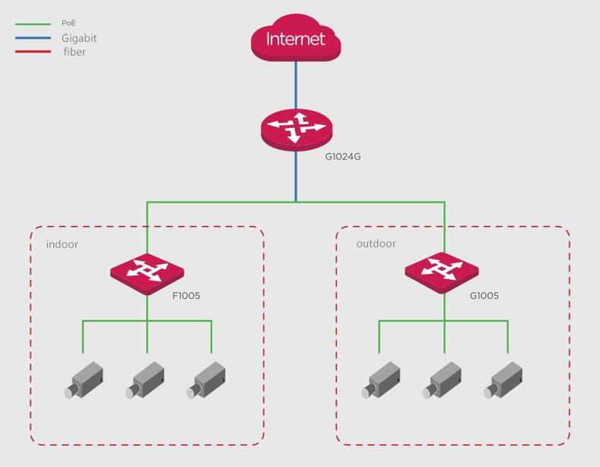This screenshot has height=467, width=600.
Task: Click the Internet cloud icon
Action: pos(296,39)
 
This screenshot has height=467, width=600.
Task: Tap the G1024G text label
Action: pos(342,156)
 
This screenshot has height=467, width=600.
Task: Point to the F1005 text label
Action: pos(186,296)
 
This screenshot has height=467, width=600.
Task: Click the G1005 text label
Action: pos(484,296)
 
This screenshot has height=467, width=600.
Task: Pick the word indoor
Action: pos(62,244)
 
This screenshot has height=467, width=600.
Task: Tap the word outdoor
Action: pos(376,244)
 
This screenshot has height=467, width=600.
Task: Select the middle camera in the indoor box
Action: pos(145,380)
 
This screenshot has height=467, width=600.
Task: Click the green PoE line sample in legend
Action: pos(33,24)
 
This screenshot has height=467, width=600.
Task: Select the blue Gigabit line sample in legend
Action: pos(33,37)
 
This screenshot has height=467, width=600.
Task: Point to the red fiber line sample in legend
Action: pos(33,52)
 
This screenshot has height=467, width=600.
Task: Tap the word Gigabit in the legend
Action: pos(79,38)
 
